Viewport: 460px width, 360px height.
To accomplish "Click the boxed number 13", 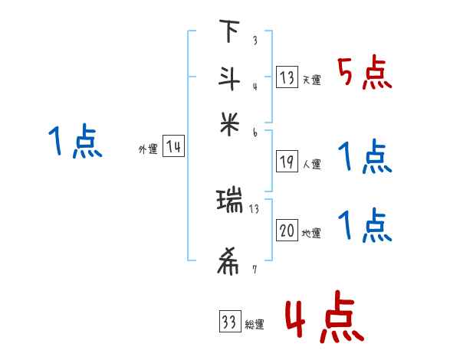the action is pyautogui.click(x=286, y=78).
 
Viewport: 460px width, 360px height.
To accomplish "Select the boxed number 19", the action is pyautogui.click(x=286, y=162).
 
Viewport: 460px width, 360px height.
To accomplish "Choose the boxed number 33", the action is pyautogui.click(x=228, y=322).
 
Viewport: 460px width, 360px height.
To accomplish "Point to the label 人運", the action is pyautogui.click(x=312, y=164).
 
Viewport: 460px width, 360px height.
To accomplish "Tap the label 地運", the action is pyautogui.click(x=312, y=233).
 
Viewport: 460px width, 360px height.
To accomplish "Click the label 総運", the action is pyautogui.click(x=255, y=324).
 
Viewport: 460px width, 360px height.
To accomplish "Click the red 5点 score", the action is pyautogui.click(x=365, y=74).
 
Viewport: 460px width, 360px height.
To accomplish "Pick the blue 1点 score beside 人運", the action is pyautogui.click(x=365, y=158).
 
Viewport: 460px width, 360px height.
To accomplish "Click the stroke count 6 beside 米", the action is pyautogui.click(x=255, y=132).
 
